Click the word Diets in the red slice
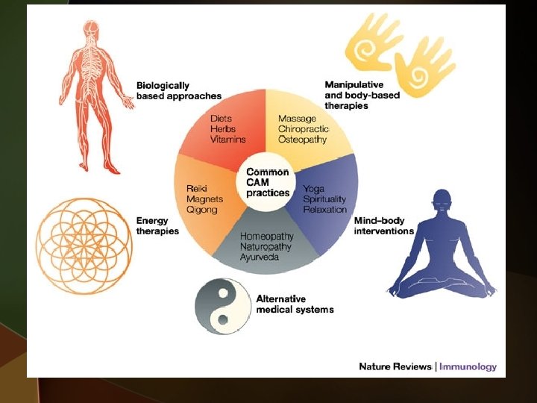pos(222,119)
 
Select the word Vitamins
pos(227,140)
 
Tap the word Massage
pos(297,119)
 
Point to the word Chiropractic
pos(304,129)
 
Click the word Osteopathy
pos(302,140)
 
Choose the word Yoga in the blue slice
pos(313,189)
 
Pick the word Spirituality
pos(324,199)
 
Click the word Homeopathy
pos(267,237)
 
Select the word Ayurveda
pos(260,257)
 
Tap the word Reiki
pos(196,189)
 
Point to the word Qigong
pos(201,210)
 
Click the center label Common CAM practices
pos(268,182)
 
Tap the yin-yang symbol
pos(221,306)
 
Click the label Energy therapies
pos(157,226)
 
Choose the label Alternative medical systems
pos(295,304)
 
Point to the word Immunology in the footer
pos(468,366)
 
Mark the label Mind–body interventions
pos(383,226)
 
